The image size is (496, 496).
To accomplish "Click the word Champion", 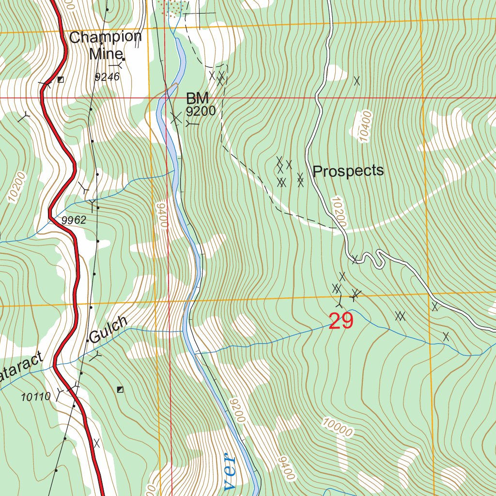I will [x=105, y=37].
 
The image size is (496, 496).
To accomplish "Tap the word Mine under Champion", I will [x=102, y=53].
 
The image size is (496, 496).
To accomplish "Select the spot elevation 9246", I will [x=107, y=77].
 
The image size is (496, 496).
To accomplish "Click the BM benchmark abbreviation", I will [x=197, y=99].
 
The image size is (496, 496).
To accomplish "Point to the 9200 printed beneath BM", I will [x=201, y=112].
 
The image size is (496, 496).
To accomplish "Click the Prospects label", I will [x=348, y=171].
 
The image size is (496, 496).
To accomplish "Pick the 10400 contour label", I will [x=365, y=126].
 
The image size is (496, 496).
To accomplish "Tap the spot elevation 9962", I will [x=74, y=220].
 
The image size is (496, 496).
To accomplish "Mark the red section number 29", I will [x=341, y=321].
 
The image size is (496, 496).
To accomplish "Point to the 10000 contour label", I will [x=338, y=426].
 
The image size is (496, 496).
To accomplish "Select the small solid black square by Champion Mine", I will [x=124, y=60].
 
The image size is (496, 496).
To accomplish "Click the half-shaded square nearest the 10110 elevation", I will [x=120, y=389].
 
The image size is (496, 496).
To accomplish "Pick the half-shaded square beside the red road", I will [x=60, y=79].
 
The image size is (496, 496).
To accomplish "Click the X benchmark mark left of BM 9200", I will [x=175, y=117].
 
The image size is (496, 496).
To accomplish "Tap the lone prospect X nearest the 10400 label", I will [x=357, y=81].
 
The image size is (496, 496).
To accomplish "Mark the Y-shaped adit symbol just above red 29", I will [x=340, y=303].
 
